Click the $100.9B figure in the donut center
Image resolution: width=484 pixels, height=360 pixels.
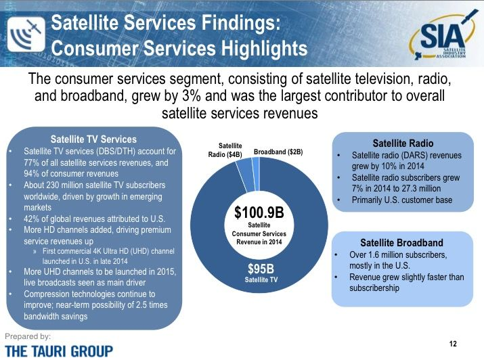point(259,212)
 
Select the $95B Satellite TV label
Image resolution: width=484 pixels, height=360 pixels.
point(261,272)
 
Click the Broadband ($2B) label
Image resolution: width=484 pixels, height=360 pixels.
point(278,153)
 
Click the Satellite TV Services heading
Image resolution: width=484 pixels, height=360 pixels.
point(93,140)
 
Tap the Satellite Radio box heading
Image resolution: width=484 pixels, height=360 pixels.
point(403,143)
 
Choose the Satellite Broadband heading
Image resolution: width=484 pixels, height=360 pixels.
point(401,243)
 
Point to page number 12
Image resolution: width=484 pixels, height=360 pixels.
point(453,344)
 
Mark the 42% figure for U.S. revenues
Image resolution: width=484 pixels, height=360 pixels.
point(32,219)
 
